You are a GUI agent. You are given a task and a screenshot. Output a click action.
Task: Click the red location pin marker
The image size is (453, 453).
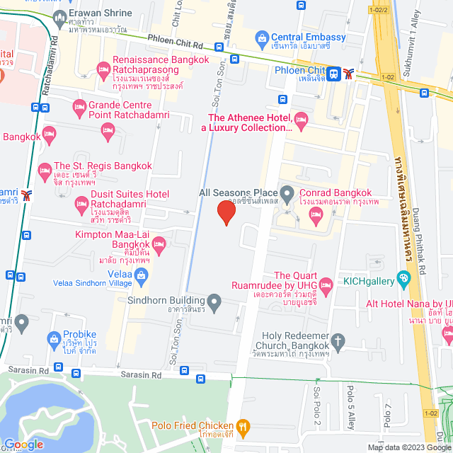(x=226, y=212)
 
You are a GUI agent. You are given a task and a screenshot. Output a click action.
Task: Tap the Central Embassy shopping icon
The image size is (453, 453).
(x=262, y=37)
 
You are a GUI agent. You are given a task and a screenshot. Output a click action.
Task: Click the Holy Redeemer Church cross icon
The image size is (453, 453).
(x=338, y=343)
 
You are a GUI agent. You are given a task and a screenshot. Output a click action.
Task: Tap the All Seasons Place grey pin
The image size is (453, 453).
(x=287, y=193)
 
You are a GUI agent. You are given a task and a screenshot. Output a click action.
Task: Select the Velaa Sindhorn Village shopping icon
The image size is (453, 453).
(x=142, y=275)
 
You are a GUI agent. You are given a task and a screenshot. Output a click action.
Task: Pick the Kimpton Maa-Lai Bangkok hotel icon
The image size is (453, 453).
(x=159, y=246)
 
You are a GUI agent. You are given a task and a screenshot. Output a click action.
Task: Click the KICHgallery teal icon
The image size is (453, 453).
(x=404, y=280)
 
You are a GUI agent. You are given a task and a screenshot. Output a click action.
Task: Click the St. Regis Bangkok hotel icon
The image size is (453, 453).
(x=44, y=171)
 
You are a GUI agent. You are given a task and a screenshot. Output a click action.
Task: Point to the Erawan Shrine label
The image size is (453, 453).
(x=101, y=13)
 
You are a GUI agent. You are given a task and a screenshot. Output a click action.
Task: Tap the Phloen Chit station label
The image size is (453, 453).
(x=299, y=70)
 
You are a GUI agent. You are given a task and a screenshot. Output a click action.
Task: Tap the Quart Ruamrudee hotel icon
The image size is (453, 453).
(x=326, y=286)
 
